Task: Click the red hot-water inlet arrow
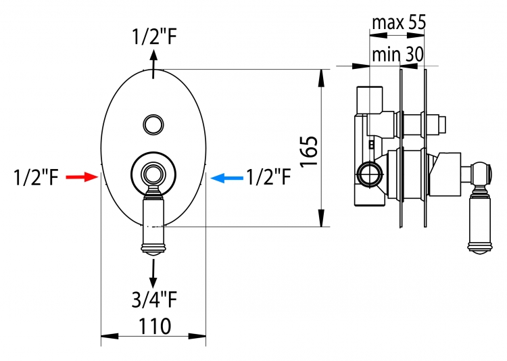(x=82, y=177)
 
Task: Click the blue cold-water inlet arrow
(x=226, y=178)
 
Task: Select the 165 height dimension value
(x=309, y=151)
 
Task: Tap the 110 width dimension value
(x=155, y=326)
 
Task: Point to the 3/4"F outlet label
(x=154, y=299)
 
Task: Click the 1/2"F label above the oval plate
(x=154, y=37)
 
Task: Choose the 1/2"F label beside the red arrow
(x=36, y=177)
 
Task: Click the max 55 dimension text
(x=399, y=22)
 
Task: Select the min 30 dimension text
(x=397, y=54)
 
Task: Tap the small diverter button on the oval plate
(x=153, y=124)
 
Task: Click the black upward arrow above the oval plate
(x=153, y=64)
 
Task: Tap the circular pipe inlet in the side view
(x=369, y=174)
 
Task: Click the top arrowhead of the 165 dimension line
(x=321, y=78)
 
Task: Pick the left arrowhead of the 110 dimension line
(x=110, y=337)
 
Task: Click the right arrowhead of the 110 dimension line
(x=197, y=337)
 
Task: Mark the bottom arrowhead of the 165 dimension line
(x=321, y=218)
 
